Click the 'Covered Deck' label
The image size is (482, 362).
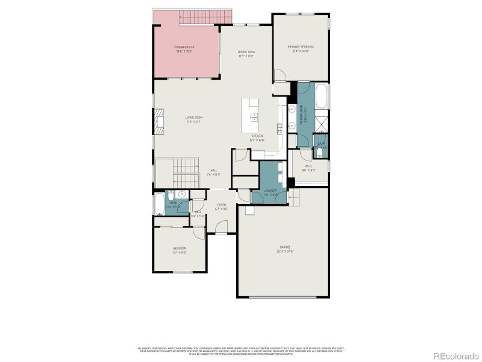coord(184,47)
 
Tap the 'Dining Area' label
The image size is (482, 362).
coord(246,52)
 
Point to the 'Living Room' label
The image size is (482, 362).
coord(193,117)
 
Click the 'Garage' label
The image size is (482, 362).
coord(285,247)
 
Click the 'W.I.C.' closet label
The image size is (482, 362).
coord(308,166)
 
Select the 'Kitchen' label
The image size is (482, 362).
coord(257,136)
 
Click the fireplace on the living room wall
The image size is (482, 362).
coord(159,120)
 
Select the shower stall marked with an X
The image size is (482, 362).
coord(321,125)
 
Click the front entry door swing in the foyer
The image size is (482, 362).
coord(222,228)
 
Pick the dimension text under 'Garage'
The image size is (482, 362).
coord(285,251)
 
